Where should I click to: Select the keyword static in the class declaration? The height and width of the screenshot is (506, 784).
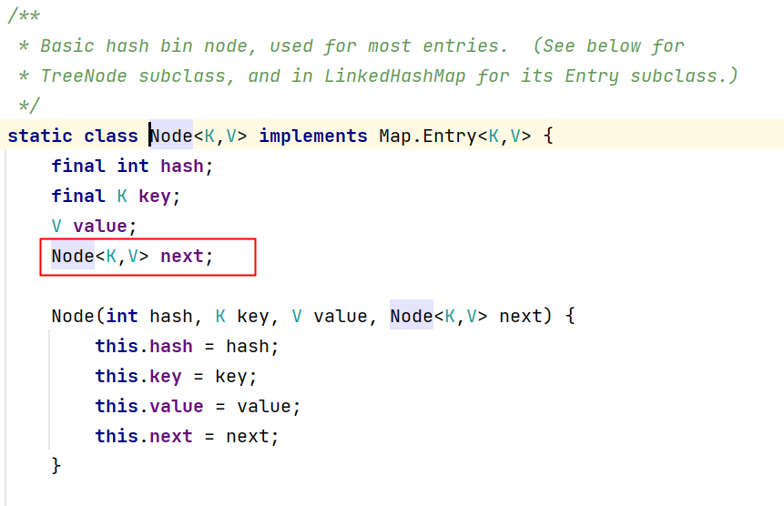tap(40, 137)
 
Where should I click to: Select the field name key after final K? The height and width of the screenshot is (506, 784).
tap(155, 196)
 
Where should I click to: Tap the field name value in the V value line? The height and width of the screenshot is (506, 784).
tap(100, 226)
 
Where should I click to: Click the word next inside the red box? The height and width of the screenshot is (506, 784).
tap(182, 256)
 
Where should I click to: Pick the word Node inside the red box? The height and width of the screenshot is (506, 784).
tap(73, 256)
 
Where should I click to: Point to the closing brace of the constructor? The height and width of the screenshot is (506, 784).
tap(56, 465)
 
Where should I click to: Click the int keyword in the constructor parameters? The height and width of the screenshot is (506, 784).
tap(122, 317)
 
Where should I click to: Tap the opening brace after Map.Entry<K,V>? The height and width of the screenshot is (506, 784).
tap(548, 137)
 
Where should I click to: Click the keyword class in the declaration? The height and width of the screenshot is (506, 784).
tap(110, 137)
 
